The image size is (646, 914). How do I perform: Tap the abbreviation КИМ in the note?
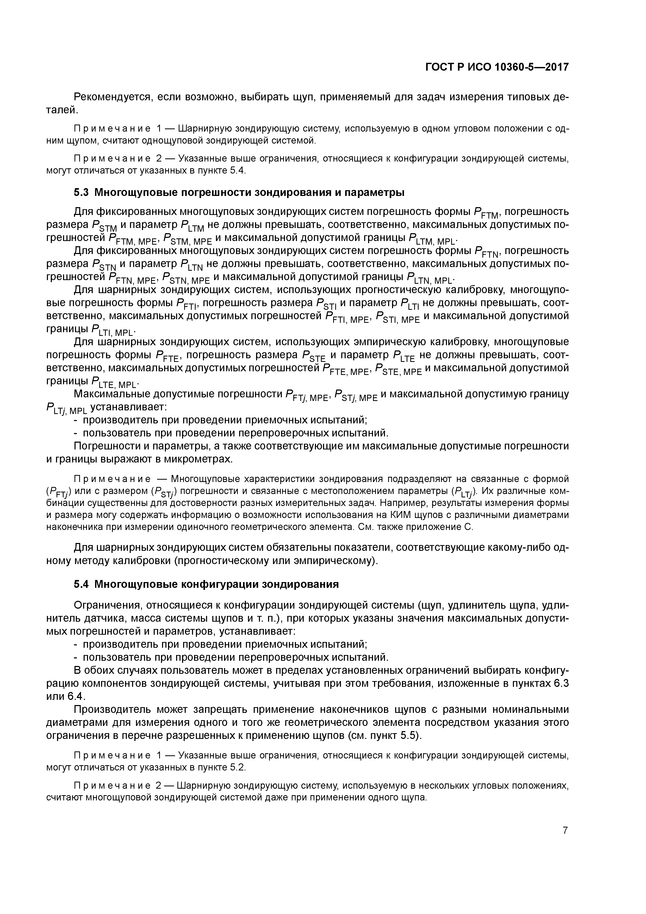click(x=399, y=515)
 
